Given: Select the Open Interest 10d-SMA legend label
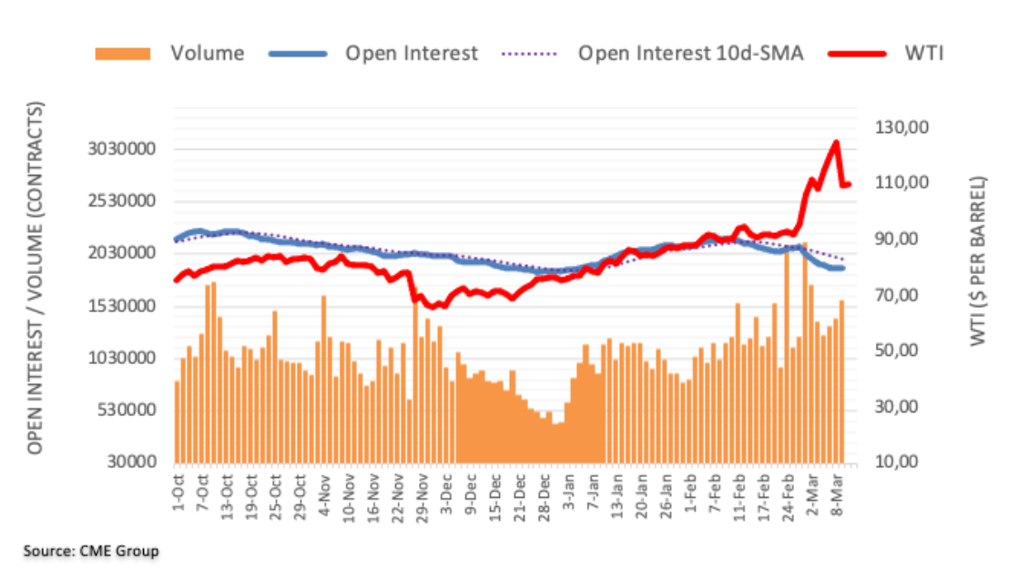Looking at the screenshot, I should [690, 54].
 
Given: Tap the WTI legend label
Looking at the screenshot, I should [923, 54].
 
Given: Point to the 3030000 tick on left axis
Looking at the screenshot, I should [123, 149].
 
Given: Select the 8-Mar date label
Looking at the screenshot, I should [835, 492].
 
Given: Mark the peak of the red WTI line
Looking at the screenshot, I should [835, 142].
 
